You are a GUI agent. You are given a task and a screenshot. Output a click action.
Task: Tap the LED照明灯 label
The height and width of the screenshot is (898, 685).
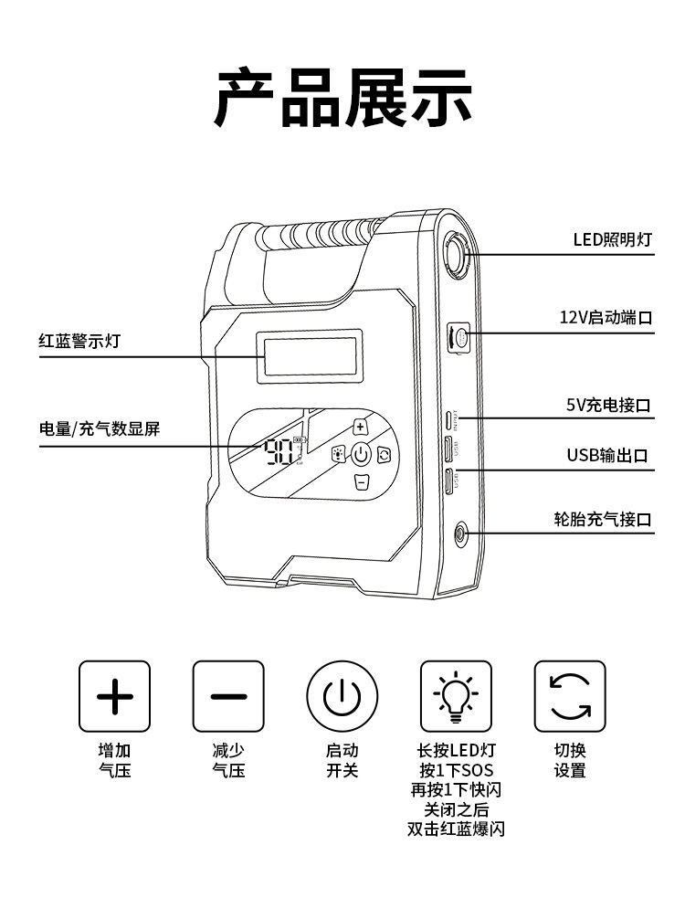tap(612, 240)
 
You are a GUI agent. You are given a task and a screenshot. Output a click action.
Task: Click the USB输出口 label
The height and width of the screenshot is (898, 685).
tap(607, 455)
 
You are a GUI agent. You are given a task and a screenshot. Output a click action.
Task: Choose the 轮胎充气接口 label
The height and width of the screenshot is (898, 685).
tap(603, 519)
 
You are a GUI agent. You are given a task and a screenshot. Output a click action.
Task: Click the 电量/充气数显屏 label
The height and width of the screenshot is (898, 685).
tap(100, 428)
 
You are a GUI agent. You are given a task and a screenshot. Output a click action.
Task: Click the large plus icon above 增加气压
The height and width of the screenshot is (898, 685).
tap(114, 696)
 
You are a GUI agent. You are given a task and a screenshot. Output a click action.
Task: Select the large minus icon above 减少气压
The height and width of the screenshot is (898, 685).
tap(228, 696)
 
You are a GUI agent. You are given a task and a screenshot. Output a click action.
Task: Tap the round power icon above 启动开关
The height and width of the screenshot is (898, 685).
tap(342, 696)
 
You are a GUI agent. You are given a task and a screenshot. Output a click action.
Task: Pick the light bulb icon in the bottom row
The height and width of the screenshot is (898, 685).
tap(456, 696)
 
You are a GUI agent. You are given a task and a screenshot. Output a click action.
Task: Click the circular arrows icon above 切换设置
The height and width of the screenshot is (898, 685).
tap(570, 696)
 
